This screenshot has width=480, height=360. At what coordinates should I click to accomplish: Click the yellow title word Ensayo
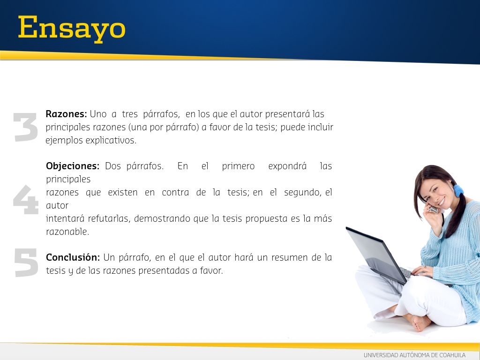click(72, 29)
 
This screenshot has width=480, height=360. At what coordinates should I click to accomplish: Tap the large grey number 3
click(26, 127)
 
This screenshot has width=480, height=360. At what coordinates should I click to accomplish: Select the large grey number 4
click(26, 200)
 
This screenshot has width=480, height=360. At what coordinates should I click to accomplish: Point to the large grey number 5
click(26, 262)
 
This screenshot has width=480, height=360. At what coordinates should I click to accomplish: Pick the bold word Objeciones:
click(73, 166)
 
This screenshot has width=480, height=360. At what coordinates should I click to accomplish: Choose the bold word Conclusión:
click(73, 257)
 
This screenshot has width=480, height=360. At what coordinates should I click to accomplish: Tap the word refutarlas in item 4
click(109, 218)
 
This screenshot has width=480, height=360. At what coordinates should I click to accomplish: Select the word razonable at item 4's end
click(67, 232)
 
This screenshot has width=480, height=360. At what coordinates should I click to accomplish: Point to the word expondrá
click(287, 166)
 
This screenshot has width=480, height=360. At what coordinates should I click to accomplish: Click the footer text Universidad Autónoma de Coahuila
click(414, 355)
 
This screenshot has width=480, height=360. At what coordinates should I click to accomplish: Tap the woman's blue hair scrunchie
click(458, 190)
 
